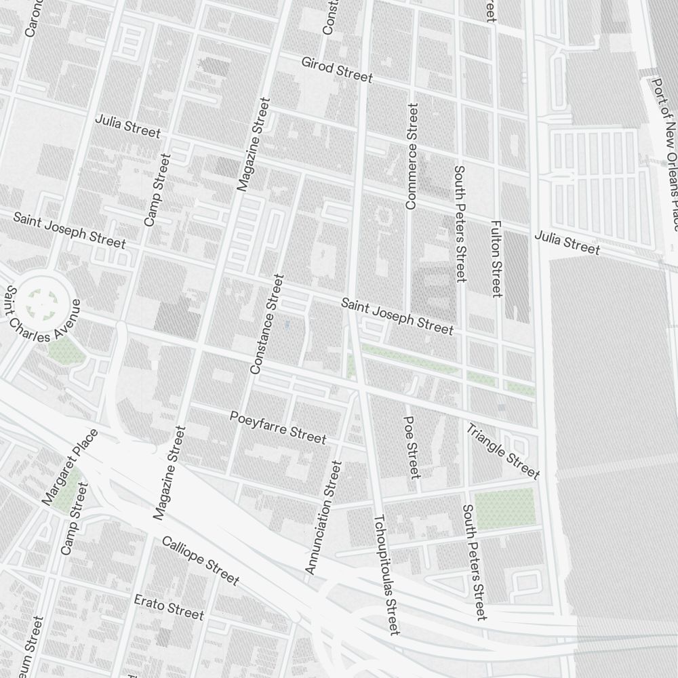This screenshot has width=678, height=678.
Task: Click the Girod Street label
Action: pyautogui.click(x=337, y=70)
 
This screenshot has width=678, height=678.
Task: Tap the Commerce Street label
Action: pyautogui.click(x=412, y=156)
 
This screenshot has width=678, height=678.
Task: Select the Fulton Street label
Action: pyautogui.click(x=496, y=258)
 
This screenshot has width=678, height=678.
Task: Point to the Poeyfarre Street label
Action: pyautogui.click(x=277, y=427)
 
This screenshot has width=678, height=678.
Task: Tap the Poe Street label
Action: pyautogui.click(x=412, y=447)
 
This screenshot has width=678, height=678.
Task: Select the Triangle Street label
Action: pyautogui.click(x=502, y=451)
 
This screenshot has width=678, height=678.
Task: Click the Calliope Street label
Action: pyautogui.click(x=200, y=560)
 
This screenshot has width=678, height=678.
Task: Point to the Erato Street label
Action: pyautogui.click(x=169, y=607)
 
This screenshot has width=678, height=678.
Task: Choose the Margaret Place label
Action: pyautogui.click(x=70, y=467)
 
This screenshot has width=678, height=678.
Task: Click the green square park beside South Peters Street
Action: pyautogui.click(x=504, y=509)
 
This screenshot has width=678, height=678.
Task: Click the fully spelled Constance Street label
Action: pyautogui.click(x=265, y=324)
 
